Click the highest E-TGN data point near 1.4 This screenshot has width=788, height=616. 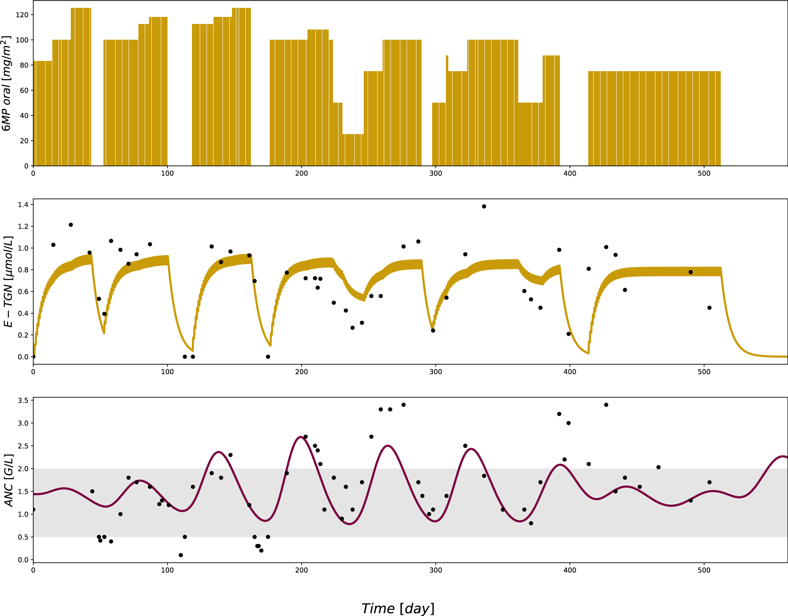click(484, 206)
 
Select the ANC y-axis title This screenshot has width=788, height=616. click(9, 480)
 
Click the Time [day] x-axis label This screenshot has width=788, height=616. click(398, 608)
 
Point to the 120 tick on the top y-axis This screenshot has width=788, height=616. click(22, 15)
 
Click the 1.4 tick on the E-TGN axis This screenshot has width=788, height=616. click(23, 204)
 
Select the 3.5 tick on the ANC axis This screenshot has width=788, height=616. click(23, 401)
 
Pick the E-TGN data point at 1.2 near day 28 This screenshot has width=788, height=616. click(71, 225)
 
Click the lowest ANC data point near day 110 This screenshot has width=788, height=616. click(181, 555)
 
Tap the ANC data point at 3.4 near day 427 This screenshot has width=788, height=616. click(606, 405)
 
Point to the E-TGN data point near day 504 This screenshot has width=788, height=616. click(709, 308)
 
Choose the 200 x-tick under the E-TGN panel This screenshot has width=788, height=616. click(302, 372)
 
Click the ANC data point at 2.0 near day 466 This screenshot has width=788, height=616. click(659, 467)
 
